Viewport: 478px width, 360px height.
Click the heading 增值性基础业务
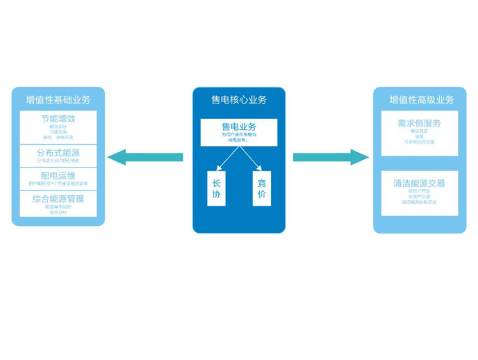point(58,99)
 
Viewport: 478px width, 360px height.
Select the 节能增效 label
point(58,119)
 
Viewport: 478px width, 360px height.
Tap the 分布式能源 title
point(58,152)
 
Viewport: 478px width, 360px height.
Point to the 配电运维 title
point(58,175)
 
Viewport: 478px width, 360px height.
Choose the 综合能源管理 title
point(58,199)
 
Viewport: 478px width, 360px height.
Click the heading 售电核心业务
point(238,99)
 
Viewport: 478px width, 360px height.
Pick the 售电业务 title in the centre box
point(238,126)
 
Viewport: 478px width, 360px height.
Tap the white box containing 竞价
point(261,188)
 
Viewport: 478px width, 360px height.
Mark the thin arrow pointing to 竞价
point(251,158)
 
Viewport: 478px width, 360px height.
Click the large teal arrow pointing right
point(331,157)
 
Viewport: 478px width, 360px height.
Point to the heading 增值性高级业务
point(420,99)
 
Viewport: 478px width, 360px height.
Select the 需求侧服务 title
point(419,123)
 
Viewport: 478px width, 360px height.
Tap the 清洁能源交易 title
point(419,183)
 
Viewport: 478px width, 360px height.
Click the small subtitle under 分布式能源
point(58,161)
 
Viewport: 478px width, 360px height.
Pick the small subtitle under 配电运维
point(58,183)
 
